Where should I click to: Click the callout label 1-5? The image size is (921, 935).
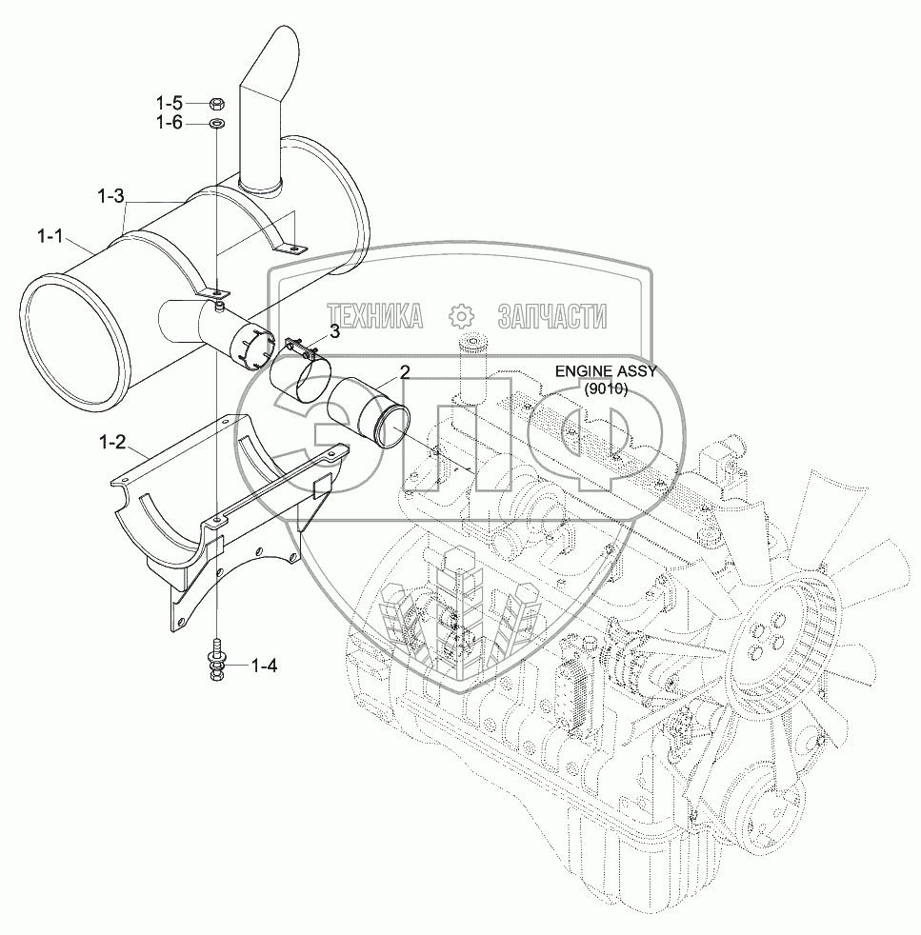170,103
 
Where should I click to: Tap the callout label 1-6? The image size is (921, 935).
170,123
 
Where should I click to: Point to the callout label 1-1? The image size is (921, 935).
50,237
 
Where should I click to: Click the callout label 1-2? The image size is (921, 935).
112,442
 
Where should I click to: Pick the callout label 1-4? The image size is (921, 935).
264,665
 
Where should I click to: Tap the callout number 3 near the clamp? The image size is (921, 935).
334,331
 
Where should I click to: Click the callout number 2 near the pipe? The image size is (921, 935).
405,372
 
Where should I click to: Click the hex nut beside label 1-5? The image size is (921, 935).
217,105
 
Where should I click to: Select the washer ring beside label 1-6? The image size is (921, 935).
216,124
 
